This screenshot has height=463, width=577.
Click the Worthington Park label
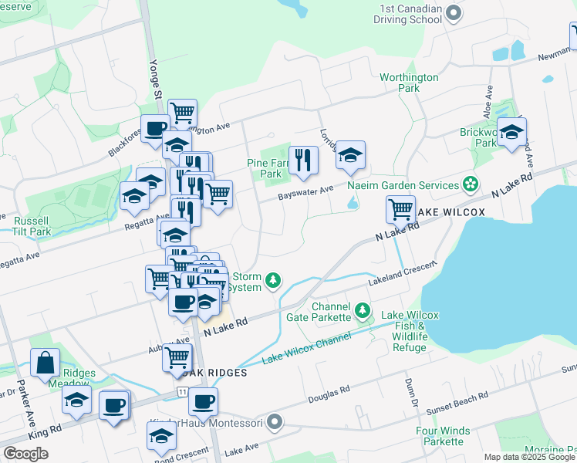(409, 83)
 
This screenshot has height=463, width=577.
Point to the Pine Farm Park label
(265, 168)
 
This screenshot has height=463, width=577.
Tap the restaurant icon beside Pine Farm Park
(303, 160)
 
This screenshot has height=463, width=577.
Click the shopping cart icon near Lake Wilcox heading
(400, 208)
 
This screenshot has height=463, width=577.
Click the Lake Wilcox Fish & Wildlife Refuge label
(410, 331)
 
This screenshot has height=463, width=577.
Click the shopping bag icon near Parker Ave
(45, 362)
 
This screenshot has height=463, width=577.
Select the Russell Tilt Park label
(32, 225)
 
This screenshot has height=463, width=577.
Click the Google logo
(25, 453)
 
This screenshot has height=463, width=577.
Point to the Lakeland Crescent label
(402, 273)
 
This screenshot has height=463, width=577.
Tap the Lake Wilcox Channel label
(306, 348)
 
